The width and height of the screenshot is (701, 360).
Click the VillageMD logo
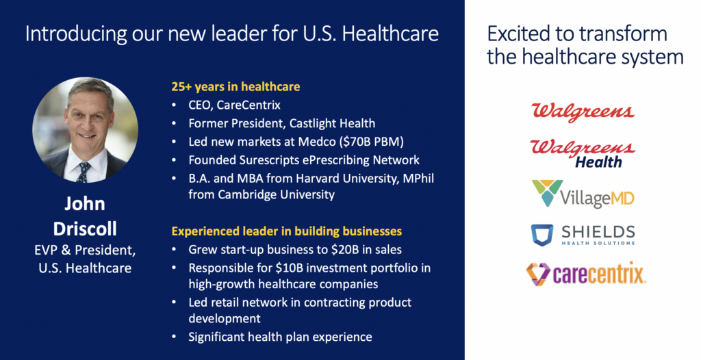coord(583,194)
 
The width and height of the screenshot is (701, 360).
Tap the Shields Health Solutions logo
coord(583,235)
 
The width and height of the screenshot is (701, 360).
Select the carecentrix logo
coord(586,274)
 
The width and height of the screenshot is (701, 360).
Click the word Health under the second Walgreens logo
coord(598,162)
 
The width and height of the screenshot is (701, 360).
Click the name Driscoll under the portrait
coord(85,229)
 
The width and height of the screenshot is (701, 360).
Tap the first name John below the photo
coord(85,204)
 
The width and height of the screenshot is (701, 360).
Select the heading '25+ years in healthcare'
coord(235,87)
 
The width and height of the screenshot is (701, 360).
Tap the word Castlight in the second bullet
coord(311,123)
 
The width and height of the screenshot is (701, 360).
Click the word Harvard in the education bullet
coord(315,179)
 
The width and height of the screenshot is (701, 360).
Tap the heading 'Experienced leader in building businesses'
coord(287,231)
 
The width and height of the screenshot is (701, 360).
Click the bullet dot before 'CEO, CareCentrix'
coord(175,105)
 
